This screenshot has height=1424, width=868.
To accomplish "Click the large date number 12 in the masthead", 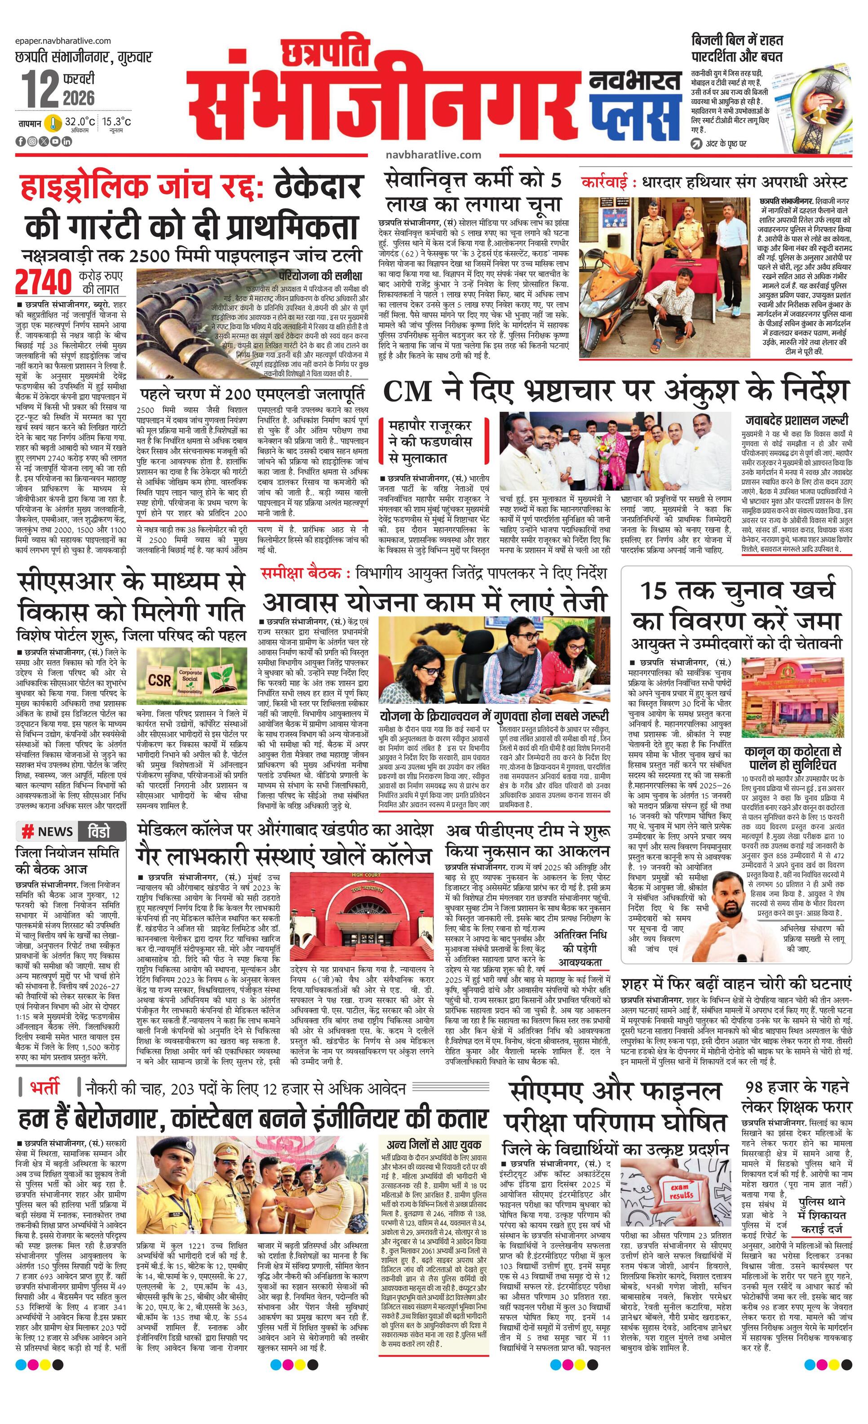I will coord(40,88).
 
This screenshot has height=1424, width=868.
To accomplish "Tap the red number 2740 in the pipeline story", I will coord(44,281).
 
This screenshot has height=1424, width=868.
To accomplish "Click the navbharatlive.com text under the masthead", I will coord(433,155).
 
